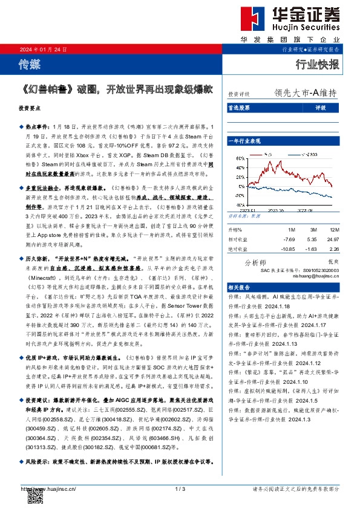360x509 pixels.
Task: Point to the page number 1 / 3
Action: (x=179, y=488)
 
